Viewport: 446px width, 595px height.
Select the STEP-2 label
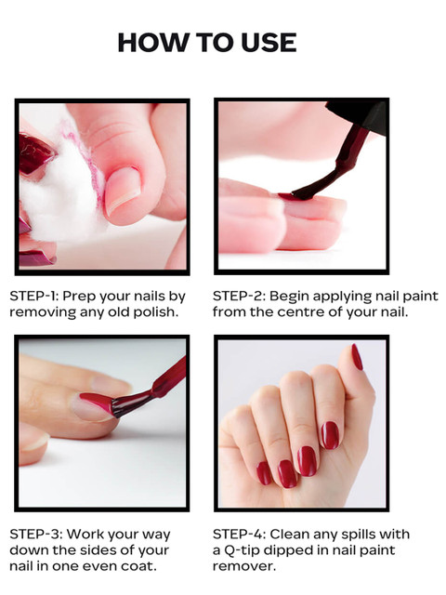(239, 296)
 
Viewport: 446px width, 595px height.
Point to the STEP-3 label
(35, 535)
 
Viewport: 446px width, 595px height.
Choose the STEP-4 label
(240, 535)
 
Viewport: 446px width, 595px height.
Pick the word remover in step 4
(243, 567)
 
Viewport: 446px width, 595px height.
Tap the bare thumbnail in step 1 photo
(122, 190)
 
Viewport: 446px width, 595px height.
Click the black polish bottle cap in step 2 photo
(359, 113)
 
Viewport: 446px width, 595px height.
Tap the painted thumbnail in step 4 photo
(357, 357)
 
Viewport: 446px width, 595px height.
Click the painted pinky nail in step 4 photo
(264, 473)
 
